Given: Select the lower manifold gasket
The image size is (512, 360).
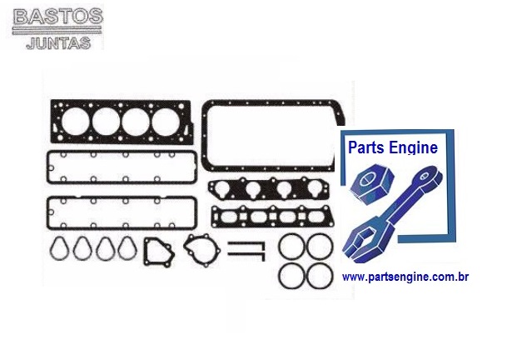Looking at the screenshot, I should (x=266, y=218).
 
